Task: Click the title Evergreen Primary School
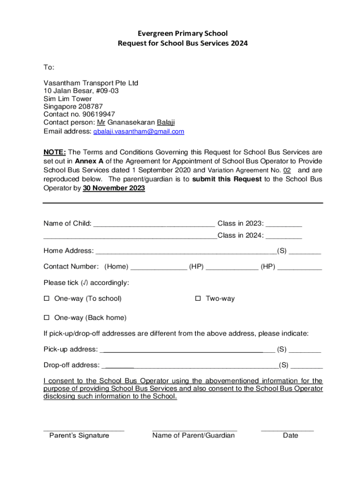click(182, 33)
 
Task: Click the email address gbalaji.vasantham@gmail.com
click(138, 132)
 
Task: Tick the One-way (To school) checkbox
click(46, 298)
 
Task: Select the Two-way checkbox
click(198, 298)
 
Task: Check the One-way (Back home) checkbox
click(46, 318)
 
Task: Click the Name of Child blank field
click(154, 224)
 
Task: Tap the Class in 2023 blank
click(284, 224)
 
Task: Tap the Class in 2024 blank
click(284, 236)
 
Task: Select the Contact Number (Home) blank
click(158, 267)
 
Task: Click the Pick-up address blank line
click(187, 349)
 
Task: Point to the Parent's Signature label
click(79, 435)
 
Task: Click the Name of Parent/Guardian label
click(194, 435)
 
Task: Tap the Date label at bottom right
click(290, 435)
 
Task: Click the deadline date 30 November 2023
click(114, 188)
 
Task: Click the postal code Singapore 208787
click(73, 106)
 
